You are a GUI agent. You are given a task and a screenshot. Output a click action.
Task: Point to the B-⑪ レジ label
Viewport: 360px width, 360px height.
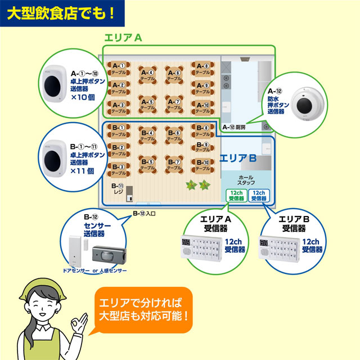pos(118,188)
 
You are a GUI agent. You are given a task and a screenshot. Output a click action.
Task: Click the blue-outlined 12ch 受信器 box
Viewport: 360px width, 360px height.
pos(258,195)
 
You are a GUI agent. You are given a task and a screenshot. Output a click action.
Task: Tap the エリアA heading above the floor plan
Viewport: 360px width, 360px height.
pos(123,38)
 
